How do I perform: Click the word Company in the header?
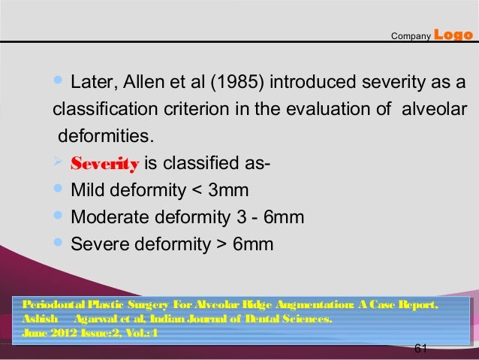point(411,35)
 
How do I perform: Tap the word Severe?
point(97,244)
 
